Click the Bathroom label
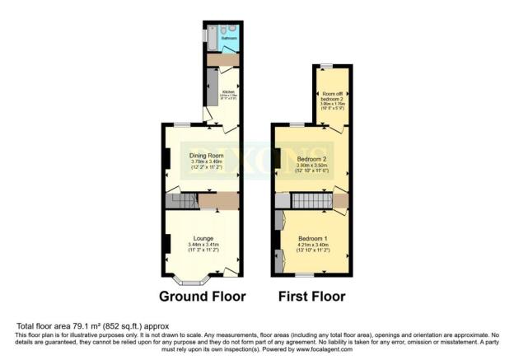228,39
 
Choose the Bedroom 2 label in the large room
313,159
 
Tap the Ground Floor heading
199,296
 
